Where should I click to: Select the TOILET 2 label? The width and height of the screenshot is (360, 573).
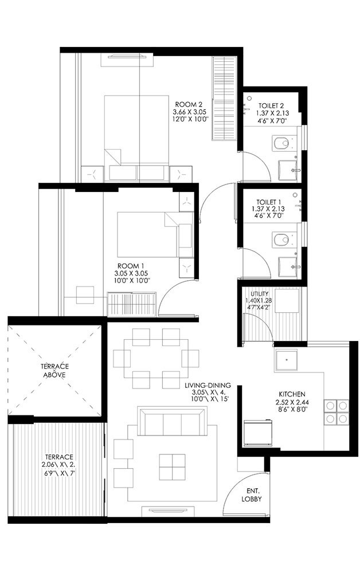(272, 105)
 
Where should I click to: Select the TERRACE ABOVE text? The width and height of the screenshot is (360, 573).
(56, 370)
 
